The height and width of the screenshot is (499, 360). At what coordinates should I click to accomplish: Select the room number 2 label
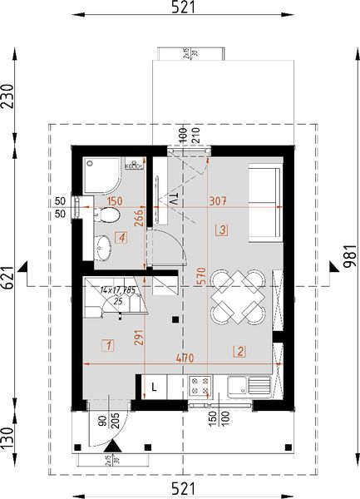pyautogui.click(x=239, y=351)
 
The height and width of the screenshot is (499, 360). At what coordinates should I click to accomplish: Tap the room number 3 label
pyautogui.click(x=222, y=229)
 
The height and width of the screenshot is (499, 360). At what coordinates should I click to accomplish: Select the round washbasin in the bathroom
pyautogui.click(x=103, y=247)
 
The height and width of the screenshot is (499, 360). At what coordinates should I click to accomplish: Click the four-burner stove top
pyautogui.click(x=200, y=386)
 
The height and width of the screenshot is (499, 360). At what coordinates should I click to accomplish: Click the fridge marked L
pyautogui.click(x=155, y=386)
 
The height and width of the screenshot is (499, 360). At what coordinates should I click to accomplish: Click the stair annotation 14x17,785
pyautogui.click(x=116, y=290)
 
